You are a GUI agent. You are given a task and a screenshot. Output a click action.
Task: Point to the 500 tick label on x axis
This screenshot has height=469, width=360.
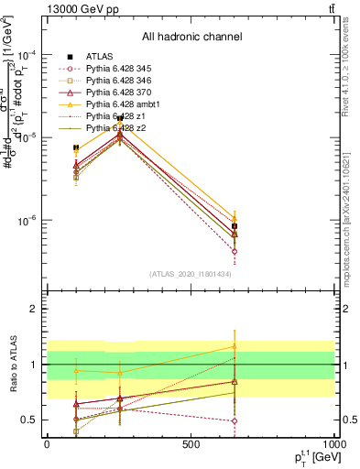(191, 443)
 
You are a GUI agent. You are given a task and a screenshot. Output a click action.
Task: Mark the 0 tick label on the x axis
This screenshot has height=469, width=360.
(47, 443)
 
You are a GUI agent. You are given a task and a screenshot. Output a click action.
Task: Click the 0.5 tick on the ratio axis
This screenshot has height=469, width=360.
(29, 420)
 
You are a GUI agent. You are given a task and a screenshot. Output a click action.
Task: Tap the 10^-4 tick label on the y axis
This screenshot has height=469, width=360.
(26, 54)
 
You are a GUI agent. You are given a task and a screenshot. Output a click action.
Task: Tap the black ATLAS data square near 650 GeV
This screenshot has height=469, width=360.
(235, 226)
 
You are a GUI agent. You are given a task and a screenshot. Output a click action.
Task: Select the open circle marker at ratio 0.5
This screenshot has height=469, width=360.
(235, 421)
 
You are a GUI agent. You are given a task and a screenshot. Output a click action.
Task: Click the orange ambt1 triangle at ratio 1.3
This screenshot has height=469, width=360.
(235, 346)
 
